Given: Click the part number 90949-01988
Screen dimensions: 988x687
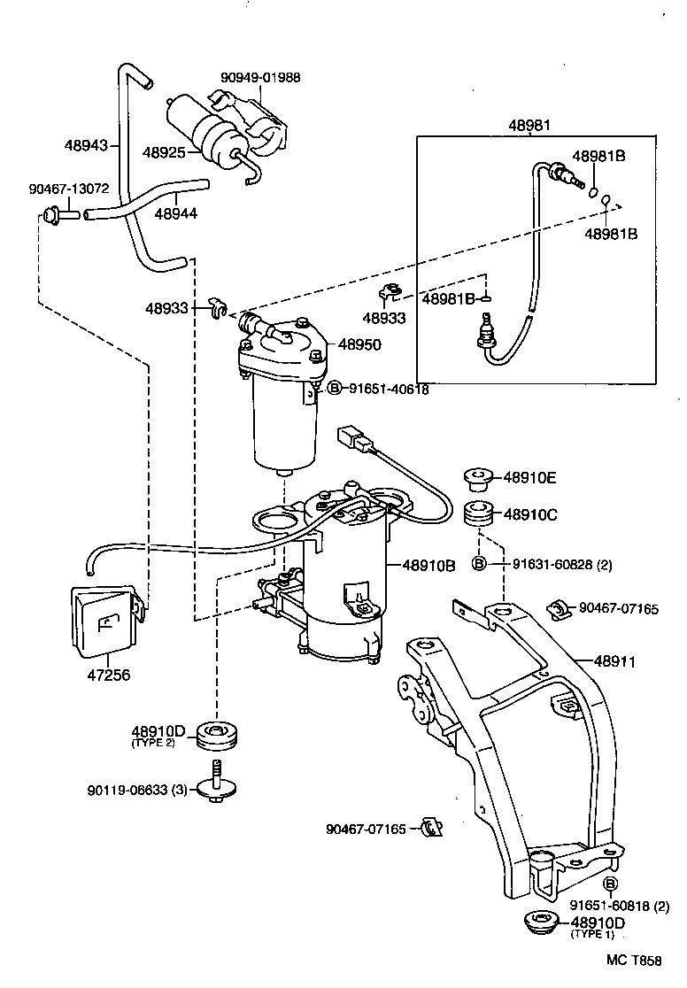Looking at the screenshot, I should (x=260, y=77).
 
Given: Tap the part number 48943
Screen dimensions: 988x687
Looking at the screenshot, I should (x=86, y=144).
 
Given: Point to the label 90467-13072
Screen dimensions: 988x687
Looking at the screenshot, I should (x=68, y=189).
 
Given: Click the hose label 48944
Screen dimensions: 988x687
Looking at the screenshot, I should (x=175, y=213).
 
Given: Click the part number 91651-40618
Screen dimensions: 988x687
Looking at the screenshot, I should (x=388, y=389).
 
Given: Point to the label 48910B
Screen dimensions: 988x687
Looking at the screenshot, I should (x=428, y=564).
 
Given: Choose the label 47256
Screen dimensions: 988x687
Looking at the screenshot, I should (x=106, y=675).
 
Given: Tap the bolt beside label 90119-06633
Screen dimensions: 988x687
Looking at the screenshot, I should (x=215, y=783).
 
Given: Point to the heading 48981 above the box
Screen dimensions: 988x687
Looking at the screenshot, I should (x=529, y=125).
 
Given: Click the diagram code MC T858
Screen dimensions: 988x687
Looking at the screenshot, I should (x=633, y=960).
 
